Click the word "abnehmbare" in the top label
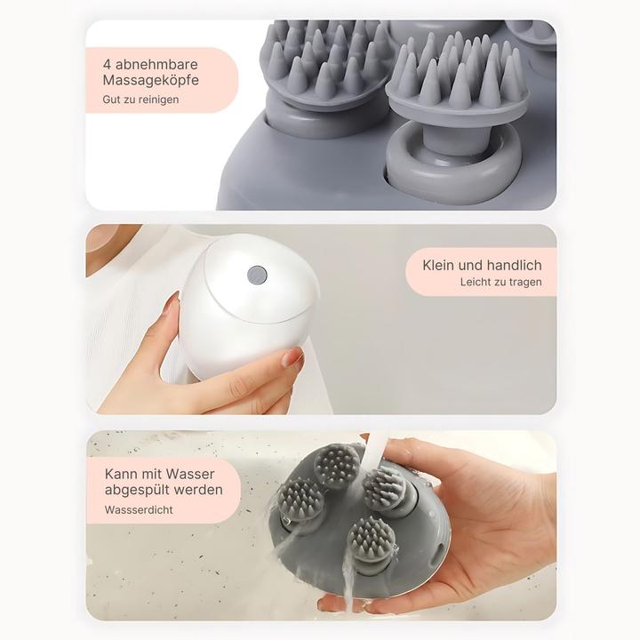(156, 65)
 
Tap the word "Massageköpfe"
(150, 80)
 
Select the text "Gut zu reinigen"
(140, 100)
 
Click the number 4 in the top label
(107, 65)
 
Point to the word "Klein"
(438, 265)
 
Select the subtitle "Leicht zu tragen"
(500, 282)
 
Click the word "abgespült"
(135, 490)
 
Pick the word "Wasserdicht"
(139, 510)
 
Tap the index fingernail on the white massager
(171, 305)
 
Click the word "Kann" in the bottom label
(119, 474)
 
